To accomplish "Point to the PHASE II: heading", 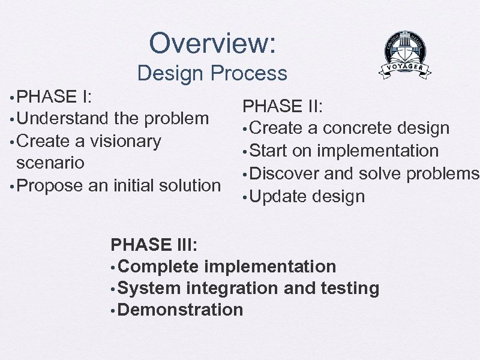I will coord(283,106).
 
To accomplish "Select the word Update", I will coord(278,196).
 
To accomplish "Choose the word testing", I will coord(350,288).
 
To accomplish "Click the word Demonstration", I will coord(181,310).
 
